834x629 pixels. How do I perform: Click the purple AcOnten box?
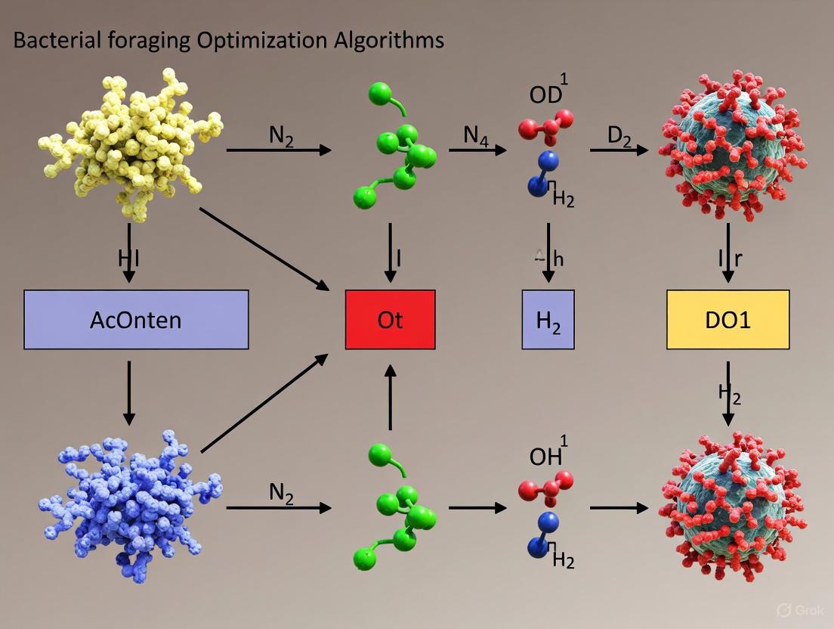tap(136, 320)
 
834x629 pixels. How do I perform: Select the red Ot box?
tap(390, 320)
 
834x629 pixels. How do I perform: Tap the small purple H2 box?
tap(548, 320)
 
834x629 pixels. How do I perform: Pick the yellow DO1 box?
tap(727, 320)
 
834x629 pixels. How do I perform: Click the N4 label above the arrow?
tap(475, 136)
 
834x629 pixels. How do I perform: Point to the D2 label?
tap(619, 137)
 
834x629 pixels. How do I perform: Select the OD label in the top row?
tap(546, 95)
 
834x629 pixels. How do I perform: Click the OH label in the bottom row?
tap(546, 456)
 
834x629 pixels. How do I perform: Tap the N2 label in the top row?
tap(281, 136)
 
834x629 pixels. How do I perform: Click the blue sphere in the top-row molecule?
tap(549, 160)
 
